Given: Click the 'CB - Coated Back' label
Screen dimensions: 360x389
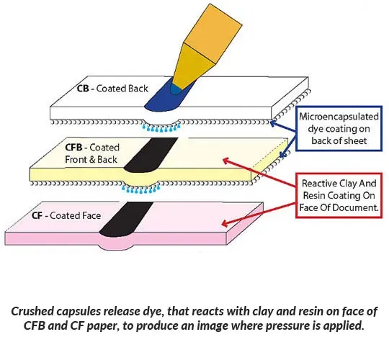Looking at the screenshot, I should pos(112,89).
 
